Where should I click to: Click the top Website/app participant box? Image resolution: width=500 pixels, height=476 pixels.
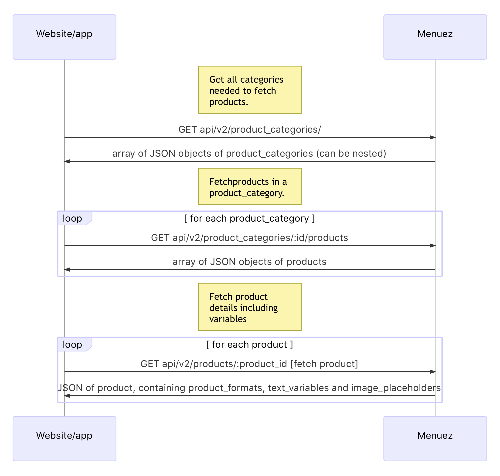tap(65, 37)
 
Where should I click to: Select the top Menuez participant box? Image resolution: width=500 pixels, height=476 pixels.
tap(435, 37)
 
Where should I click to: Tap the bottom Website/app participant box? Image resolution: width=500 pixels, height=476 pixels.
tap(65, 439)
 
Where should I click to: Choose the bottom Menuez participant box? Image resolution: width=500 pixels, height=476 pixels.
tap(435, 439)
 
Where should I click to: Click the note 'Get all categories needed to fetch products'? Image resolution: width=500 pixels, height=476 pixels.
tap(250, 90)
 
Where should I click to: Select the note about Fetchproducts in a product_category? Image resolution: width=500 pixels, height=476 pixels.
tap(250, 186)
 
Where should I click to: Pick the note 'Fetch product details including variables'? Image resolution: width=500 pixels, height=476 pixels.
tap(250, 307)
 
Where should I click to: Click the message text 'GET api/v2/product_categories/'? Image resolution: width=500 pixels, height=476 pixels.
tap(250, 129)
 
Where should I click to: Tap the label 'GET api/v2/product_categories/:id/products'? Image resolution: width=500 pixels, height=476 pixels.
tap(250, 237)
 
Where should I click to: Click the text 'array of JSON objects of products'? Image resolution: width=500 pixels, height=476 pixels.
tap(250, 262)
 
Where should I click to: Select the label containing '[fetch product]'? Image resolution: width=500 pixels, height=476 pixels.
tap(324, 364)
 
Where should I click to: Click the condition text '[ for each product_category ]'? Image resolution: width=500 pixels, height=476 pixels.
tap(250, 218)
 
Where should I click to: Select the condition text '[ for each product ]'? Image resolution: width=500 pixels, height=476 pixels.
tap(250, 344)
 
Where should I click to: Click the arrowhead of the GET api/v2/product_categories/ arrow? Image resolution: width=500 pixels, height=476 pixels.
tap(433, 138)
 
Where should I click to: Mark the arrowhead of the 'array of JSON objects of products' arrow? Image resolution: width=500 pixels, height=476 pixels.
tap(67, 270)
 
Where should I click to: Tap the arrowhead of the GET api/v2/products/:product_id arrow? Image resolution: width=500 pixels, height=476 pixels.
tap(433, 372)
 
